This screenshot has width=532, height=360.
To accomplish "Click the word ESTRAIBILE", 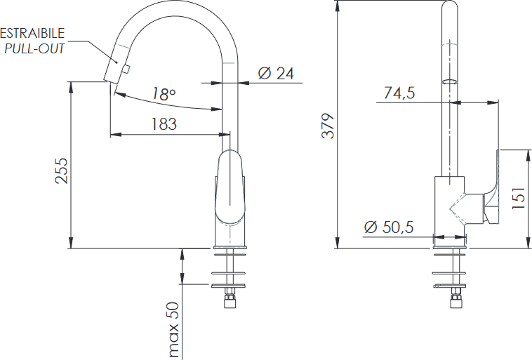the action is pyautogui.click(x=32, y=33).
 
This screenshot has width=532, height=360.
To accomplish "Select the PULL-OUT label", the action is pyautogui.click(x=34, y=49).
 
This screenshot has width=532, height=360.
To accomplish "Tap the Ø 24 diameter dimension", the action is pyautogui.click(x=276, y=73).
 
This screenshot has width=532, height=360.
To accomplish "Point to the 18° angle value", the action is pyautogui.click(x=164, y=93).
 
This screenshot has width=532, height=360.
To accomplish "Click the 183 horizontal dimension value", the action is pyautogui.click(x=164, y=124).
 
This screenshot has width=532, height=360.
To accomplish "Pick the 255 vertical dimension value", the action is pyautogui.click(x=62, y=171).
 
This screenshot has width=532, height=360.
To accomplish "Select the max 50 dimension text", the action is pyautogui.click(x=173, y=330).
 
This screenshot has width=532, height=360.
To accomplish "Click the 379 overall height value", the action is pyautogui.click(x=328, y=126).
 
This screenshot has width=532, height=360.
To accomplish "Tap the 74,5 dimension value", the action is pyautogui.click(x=399, y=93).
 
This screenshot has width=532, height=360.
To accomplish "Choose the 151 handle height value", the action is pyautogui.click(x=518, y=198).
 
